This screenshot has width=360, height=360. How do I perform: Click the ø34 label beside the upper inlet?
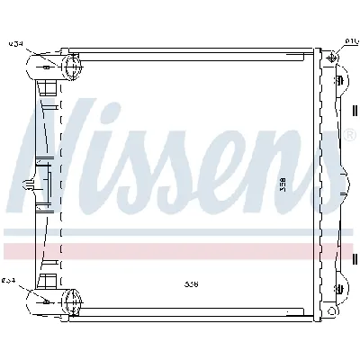15,42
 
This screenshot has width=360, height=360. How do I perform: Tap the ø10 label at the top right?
351,40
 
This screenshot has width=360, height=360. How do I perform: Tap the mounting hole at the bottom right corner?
334,309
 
